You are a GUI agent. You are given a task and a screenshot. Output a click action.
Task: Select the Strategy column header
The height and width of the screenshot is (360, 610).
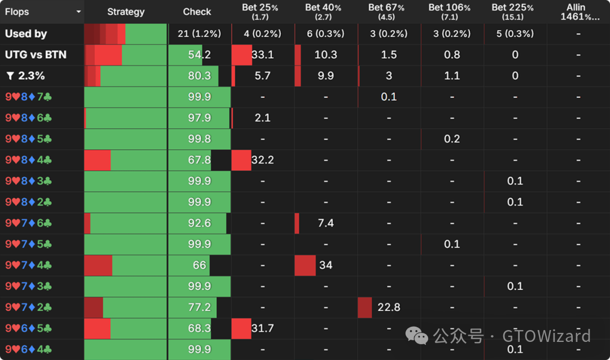point(125,11)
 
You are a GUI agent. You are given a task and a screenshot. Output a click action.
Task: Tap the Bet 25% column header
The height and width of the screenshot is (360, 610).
point(263,11)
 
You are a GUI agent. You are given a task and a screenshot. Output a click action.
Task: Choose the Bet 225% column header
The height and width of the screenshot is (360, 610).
point(515,11)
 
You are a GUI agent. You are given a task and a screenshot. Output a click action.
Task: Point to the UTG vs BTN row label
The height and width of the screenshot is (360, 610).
point(35,55)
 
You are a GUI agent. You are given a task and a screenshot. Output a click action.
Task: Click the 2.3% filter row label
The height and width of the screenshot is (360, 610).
point(25,76)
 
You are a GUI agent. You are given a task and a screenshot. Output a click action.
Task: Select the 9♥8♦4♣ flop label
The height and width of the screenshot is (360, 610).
point(28,160)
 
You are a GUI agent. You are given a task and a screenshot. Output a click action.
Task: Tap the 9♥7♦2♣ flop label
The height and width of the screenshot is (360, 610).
point(28,307)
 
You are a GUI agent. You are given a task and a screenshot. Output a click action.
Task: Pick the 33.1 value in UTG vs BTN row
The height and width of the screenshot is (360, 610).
point(263,55)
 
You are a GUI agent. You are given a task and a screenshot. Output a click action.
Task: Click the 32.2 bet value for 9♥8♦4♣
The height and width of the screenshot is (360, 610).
point(263,160)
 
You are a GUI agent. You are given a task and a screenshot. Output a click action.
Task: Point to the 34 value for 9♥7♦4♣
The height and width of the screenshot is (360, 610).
point(326,265)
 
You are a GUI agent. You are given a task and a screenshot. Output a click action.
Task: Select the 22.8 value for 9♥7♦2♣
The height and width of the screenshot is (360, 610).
point(389,307)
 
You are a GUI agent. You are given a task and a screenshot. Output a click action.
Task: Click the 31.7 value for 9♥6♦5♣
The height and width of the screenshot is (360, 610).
point(263,328)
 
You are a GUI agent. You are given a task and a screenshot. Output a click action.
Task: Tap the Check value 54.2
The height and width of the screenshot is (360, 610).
point(199,55)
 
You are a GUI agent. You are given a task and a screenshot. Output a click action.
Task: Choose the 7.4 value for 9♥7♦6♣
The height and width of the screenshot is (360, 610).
point(326,223)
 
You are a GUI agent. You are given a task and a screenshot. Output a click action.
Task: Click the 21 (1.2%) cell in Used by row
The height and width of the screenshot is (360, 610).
point(199,33)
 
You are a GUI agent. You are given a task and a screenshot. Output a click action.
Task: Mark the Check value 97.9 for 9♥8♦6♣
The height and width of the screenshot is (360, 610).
point(199,118)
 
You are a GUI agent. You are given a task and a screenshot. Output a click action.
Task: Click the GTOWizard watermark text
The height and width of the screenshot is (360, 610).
point(546,336)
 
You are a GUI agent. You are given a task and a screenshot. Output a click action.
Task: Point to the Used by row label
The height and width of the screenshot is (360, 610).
point(26,33)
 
